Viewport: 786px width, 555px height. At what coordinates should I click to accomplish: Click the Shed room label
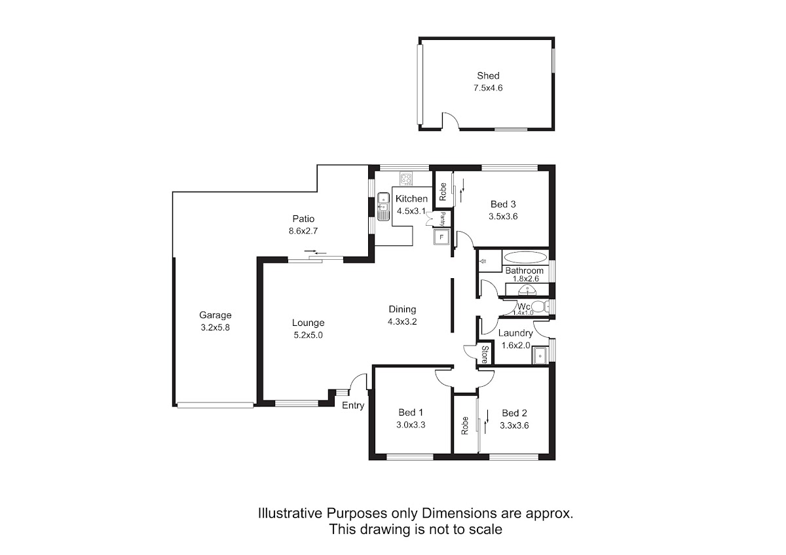[x=488, y=75]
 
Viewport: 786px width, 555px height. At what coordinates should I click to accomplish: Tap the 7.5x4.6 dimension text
[x=488, y=88]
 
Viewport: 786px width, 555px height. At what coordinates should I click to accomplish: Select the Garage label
[x=215, y=315]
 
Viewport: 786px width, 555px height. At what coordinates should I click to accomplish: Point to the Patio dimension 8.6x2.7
[x=303, y=231]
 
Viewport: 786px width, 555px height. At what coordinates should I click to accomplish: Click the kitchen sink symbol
[x=384, y=207]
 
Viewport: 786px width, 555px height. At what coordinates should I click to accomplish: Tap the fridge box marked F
[x=441, y=238]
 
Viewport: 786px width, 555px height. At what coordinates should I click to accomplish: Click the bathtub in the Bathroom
[x=525, y=257]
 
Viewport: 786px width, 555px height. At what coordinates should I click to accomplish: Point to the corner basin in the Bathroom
[x=527, y=289]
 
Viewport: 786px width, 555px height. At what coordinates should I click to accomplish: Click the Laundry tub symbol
[x=540, y=355]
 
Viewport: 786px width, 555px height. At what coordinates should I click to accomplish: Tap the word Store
[x=485, y=355]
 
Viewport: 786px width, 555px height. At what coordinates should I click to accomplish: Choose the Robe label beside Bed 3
[x=443, y=192]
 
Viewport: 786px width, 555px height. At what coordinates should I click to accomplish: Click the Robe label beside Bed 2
[x=465, y=425]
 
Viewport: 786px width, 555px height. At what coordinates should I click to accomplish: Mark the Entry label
[x=353, y=406]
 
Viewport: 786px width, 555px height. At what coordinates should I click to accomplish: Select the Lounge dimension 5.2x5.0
[x=308, y=335]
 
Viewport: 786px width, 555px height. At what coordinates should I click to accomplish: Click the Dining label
[x=402, y=309]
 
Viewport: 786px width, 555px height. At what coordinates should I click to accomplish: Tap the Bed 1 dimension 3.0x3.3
[x=411, y=425]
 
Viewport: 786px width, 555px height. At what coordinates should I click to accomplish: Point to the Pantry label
[x=443, y=219]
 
